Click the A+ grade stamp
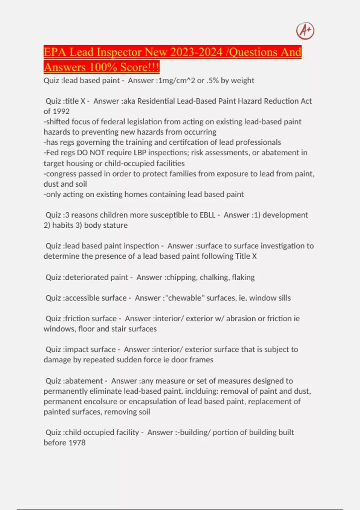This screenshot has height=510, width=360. tap(305, 31)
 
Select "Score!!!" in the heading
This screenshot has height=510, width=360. tap(140, 67)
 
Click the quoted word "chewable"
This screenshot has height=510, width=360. tap(184, 298)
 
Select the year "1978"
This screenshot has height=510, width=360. tap(77, 443)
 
